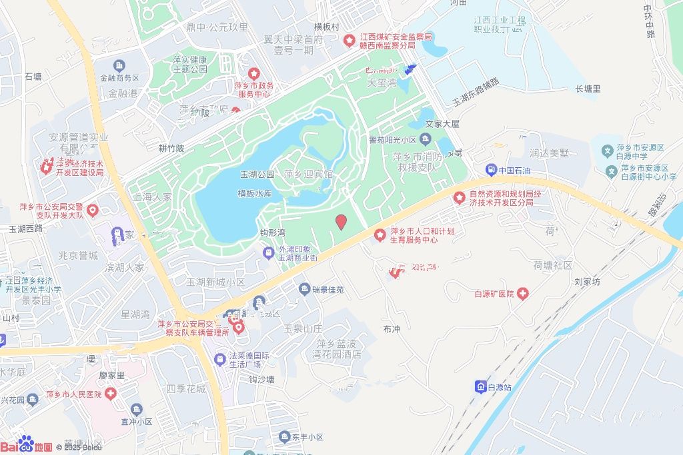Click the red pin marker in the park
click(x=341, y=222)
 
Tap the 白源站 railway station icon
click(x=480, y=386)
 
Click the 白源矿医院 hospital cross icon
click(x=522, y=294)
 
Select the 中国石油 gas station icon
click(x=491, y=170)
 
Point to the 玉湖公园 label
click(x=257, y=175)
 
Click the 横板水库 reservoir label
click(x=255, y=193)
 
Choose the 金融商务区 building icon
click(x=119, y=65)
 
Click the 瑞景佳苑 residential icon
click(x=304, y=289)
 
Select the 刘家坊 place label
click(x=587, y=282)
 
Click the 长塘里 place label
click(x=588, y=89)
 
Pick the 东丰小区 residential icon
click(x=284, y=437)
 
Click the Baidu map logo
click(x=27, y=445)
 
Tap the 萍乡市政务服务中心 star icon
click(x=253, y=73)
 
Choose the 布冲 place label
click(x=392, y=329)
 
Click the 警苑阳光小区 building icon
click(x=426, y=139)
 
